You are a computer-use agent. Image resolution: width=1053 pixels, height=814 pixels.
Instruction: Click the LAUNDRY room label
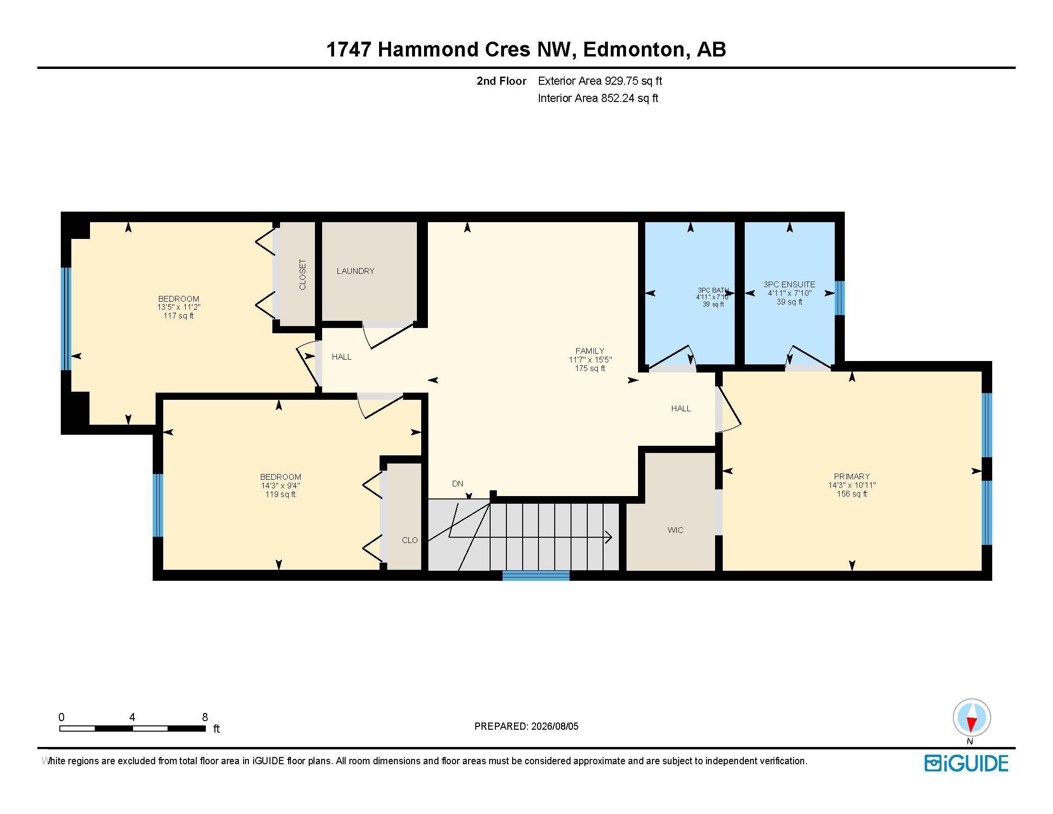click(x=355, y=271)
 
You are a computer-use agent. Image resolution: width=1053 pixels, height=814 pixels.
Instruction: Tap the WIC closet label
click(x=675, y=530)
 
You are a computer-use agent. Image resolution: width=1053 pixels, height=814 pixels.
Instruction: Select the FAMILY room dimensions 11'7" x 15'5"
click(x=590, y=360)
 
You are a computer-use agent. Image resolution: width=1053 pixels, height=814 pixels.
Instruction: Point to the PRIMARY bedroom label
click(x=852, y=476)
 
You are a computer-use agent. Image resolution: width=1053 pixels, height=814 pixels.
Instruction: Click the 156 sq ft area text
click(x=852, y=494)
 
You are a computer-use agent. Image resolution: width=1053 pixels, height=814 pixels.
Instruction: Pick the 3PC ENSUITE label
click(x=789, y=284)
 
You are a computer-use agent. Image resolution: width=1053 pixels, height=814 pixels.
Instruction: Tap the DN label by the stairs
click(x=458, y=484)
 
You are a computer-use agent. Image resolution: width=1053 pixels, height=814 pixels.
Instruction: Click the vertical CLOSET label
click(x=302, y=275)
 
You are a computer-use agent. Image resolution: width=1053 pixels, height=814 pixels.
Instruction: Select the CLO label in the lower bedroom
click(x=410, y=540)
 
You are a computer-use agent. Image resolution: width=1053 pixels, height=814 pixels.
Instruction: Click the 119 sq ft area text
click(x=280, y=494)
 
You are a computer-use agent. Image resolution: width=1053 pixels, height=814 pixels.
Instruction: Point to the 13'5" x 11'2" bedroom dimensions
click(x=179, y=307)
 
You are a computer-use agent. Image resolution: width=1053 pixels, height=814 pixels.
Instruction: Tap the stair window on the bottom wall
click(x=536, y=575)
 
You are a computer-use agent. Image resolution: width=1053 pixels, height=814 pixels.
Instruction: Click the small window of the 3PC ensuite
click(x=840, y=298)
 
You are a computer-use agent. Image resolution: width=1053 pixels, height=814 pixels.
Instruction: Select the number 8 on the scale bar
click(x=205, y=717)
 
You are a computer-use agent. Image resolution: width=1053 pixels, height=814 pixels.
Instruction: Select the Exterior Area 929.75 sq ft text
click(x=600, y=81)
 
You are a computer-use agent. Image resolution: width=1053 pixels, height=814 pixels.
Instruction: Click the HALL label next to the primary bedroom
click(x=681, y=408)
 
